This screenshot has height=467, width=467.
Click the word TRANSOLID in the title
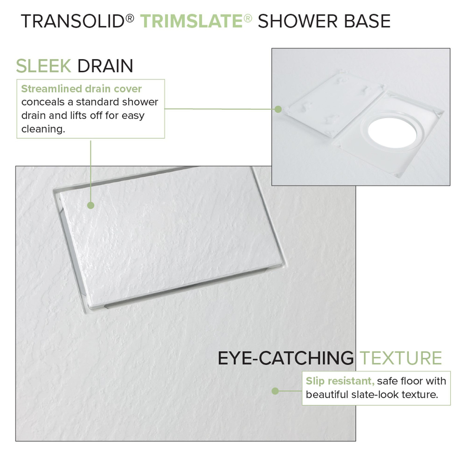[73, 21]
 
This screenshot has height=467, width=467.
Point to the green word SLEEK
[43, 66]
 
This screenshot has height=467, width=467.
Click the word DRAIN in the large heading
[105, 66]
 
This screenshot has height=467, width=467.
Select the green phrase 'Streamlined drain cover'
[81, 89]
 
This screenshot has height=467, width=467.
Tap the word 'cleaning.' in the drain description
[43, 129]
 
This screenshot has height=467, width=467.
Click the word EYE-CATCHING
[285, 358]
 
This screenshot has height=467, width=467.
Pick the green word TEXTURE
[401, 358]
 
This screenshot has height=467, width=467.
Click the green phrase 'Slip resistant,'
[340, 381]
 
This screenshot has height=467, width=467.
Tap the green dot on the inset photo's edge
[278, 109]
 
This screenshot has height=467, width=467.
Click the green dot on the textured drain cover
[91, 205]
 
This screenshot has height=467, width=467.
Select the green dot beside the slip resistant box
[275, 391]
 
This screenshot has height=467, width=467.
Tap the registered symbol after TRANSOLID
[130, 18]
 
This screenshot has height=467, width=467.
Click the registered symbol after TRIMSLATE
[248, 18]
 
